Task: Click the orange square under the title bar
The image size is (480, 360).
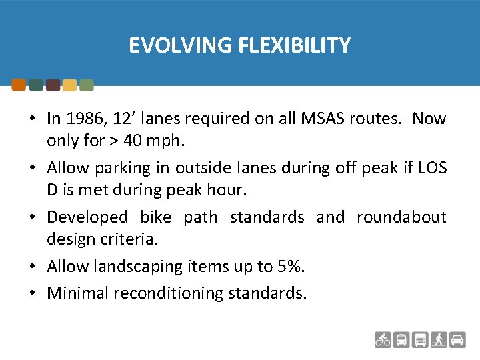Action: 19,85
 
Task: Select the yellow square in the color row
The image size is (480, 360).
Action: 69,85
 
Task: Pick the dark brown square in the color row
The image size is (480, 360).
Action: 53,85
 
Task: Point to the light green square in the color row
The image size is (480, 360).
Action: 86,85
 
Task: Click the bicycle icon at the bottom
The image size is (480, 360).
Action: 383,339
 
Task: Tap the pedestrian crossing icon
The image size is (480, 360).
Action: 439,339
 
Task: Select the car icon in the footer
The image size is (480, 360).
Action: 457,339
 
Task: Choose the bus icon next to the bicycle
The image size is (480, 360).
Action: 401,339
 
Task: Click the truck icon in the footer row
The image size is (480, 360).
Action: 420,339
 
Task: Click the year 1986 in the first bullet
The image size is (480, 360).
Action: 81,119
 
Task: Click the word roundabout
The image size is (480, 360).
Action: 401,217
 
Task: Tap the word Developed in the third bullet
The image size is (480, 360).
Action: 87,217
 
